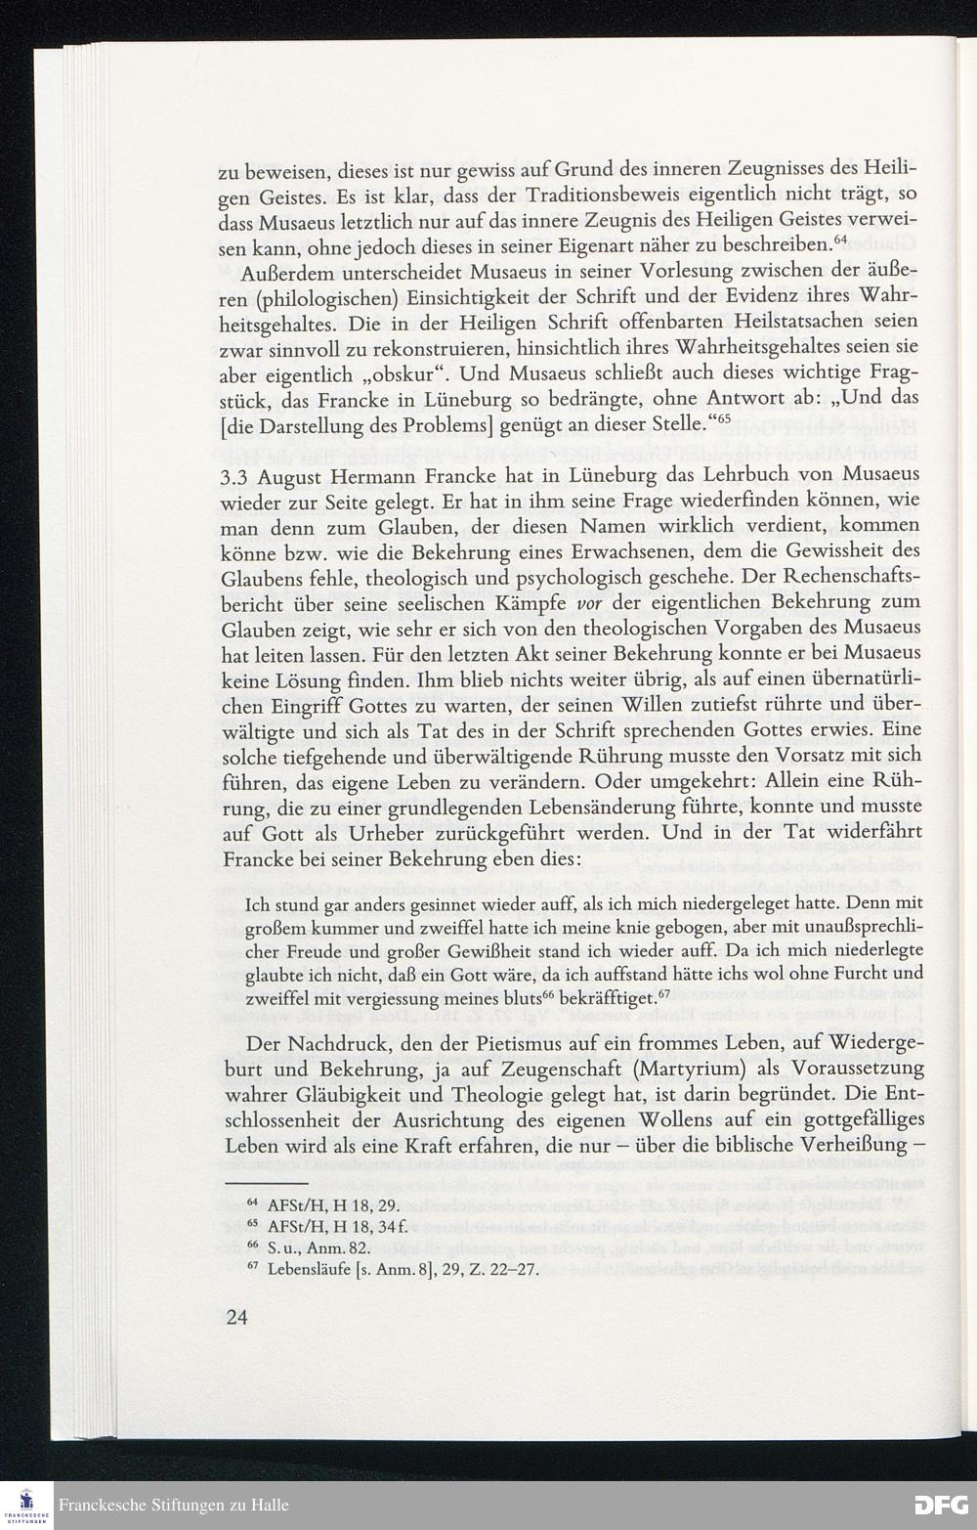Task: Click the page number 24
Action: pyautogui.click(x=236, y=1317)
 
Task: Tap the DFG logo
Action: pyautogui.click(x=939, y=1505)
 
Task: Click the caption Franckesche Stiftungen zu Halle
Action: pyautogui.click(x=173, y=1505)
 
